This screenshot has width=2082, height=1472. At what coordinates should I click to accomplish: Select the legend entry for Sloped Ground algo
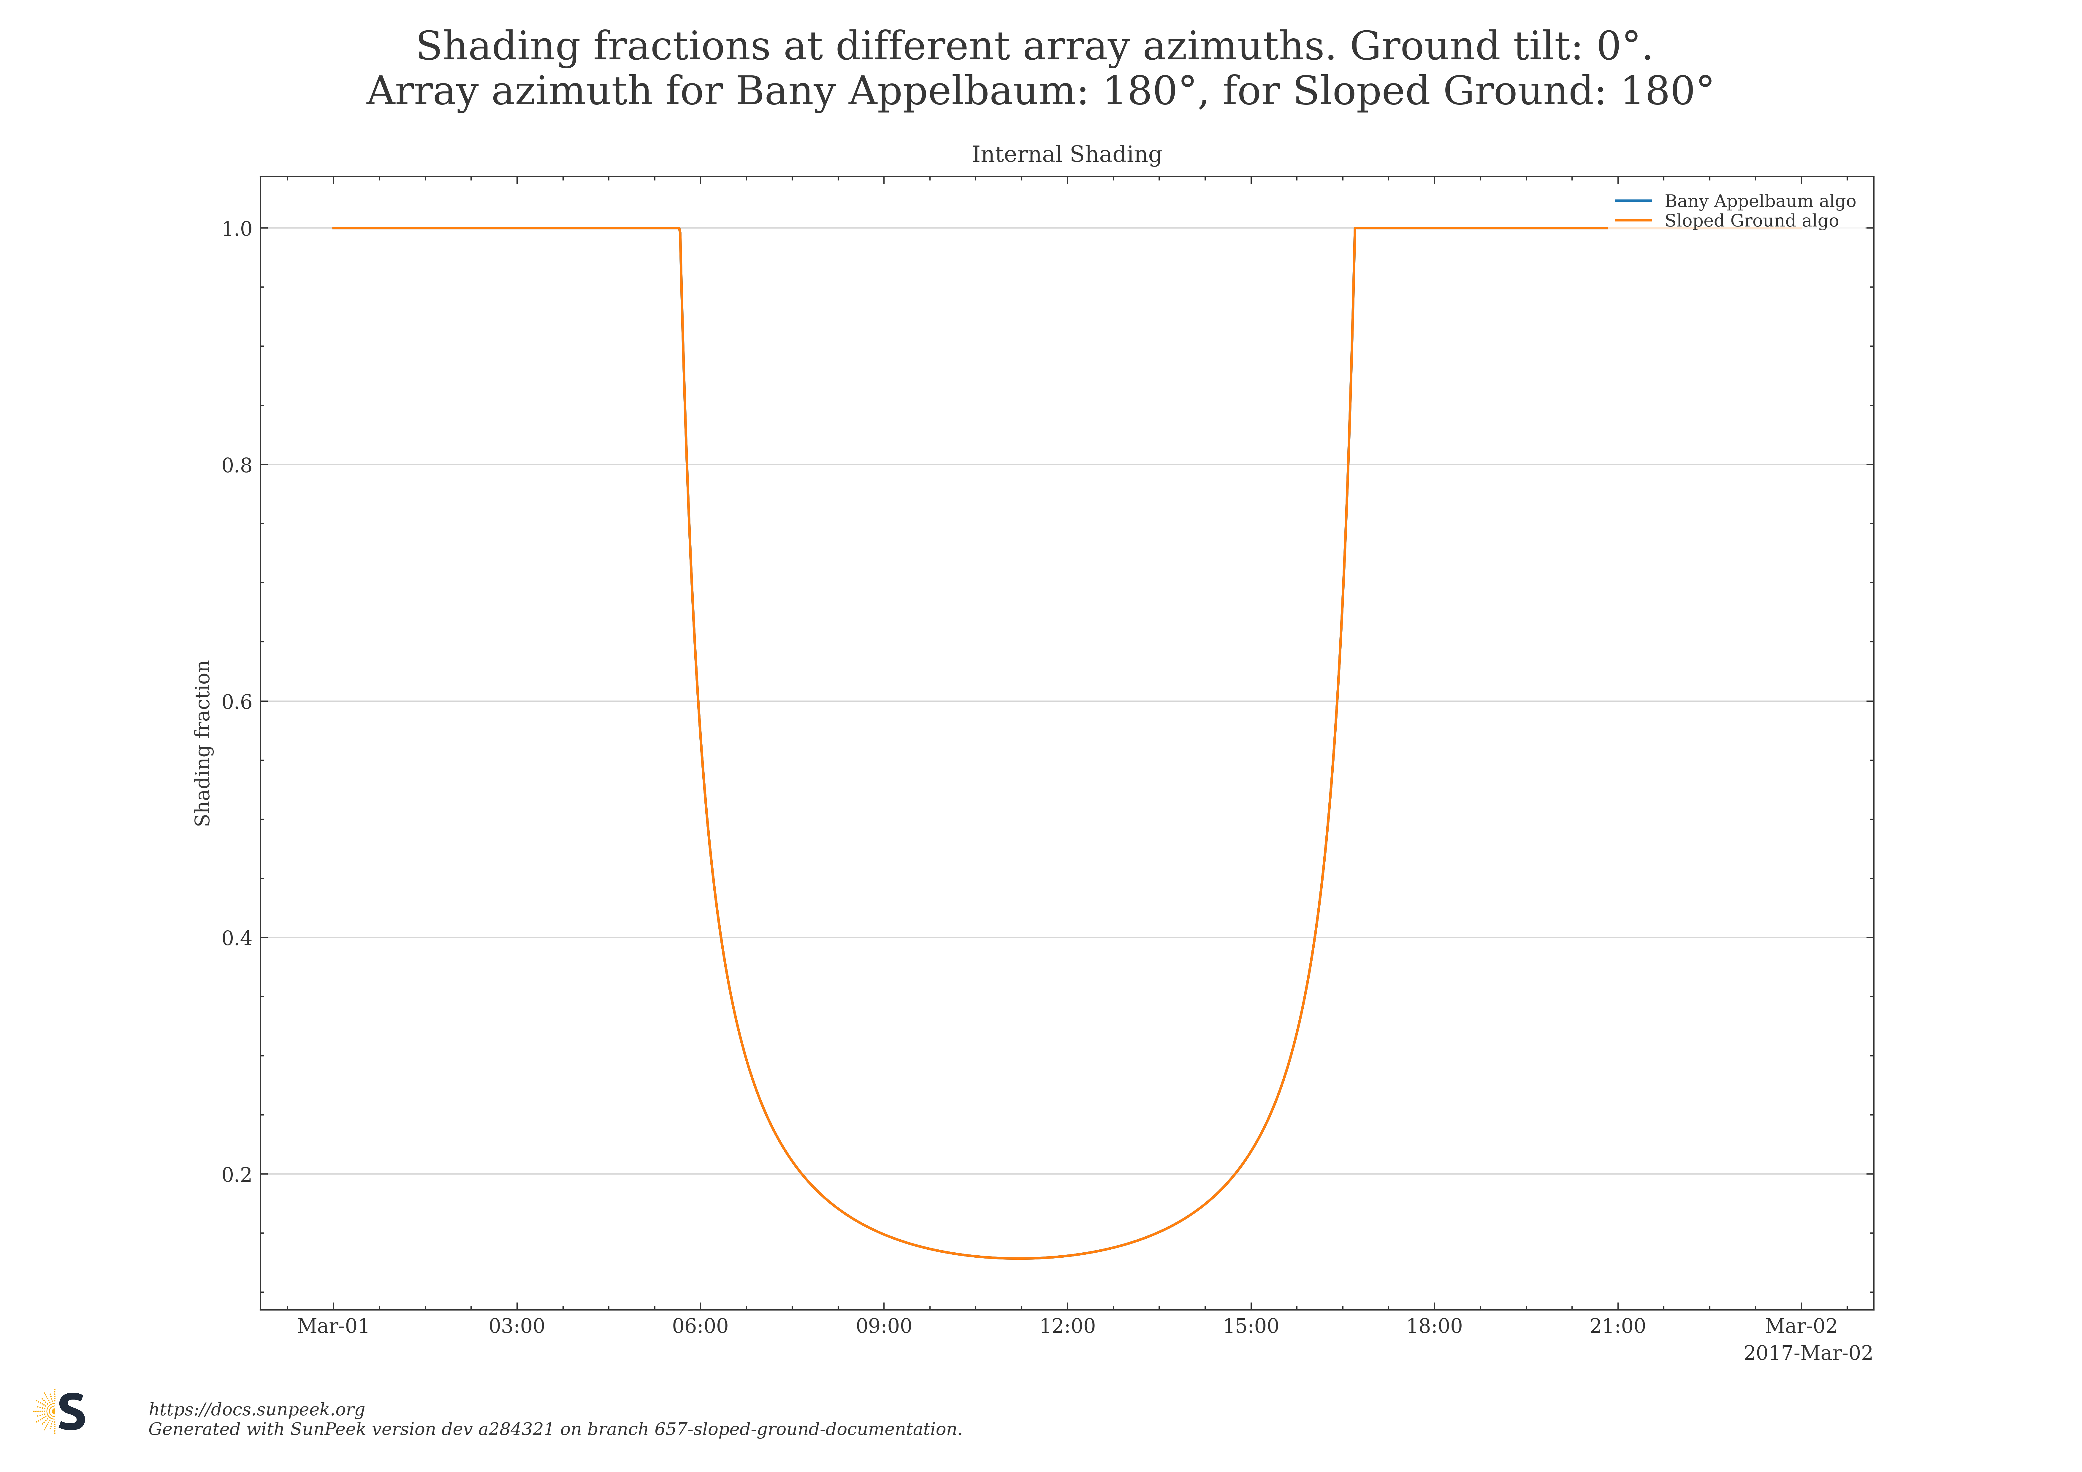1750,221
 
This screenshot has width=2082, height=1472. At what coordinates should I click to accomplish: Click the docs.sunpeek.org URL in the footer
257,1409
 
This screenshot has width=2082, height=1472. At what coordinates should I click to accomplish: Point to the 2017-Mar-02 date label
1807,1353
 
